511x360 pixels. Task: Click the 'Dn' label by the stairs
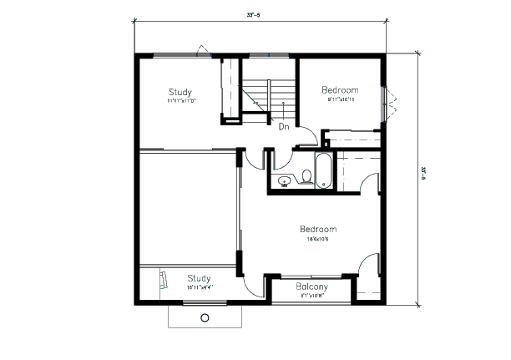point(283,127)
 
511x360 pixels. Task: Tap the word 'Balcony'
point(311,286)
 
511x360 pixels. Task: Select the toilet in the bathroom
point(306,176)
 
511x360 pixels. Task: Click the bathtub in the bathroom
point(322,170)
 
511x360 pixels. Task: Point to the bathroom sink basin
point(284,180)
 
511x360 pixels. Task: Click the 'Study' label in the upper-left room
point(180,92)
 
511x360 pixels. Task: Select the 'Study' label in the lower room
point(199,278)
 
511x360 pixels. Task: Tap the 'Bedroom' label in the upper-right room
point(340,90)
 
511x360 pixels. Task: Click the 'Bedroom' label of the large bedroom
point(318,229)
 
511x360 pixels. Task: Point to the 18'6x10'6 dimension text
point(318,238)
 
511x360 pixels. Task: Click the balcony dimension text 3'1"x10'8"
point(311,295)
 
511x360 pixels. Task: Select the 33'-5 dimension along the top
point(255,15)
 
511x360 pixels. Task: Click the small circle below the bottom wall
point(205,317)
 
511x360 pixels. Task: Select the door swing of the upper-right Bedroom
point(308,134)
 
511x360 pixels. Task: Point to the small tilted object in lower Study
point(162,281)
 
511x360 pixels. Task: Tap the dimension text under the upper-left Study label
point(180,101)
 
